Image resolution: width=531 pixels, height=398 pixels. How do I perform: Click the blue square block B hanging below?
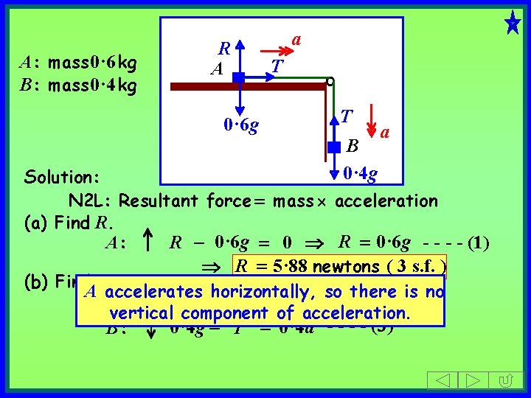coord(334,153)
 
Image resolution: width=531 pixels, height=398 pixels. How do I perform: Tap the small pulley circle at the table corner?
coord(330,81)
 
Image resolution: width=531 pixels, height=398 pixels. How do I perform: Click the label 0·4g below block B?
coord(361,174)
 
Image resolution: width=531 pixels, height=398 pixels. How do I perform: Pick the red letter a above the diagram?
coord(296,38)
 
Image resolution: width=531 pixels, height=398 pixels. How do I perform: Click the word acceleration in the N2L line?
coord(386,200)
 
